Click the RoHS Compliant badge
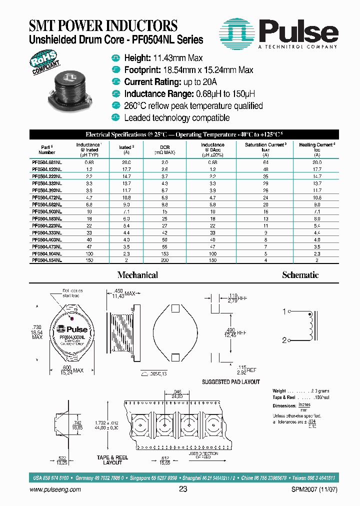45,64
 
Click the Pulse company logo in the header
280,33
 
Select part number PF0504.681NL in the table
47,162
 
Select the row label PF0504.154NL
47,260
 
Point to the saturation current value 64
265,162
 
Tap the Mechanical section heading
137,275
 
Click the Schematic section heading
300,275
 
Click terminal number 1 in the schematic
284,312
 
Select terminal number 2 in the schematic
284,340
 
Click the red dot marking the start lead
73,318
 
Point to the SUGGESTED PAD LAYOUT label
230,382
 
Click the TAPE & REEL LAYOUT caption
112,460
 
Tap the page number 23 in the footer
183,489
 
